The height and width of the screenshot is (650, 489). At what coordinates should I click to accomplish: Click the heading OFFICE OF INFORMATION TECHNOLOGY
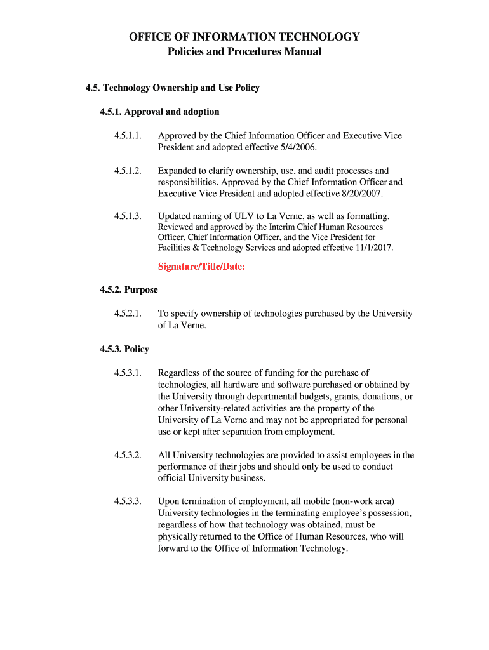(x=245, y=37)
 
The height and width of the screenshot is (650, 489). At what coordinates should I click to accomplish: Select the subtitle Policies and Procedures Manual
(x=245, y=51)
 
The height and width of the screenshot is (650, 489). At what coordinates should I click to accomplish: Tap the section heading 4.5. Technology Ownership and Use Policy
(x=173, y=88)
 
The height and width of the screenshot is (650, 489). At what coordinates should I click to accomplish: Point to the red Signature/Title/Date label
(x=201, y=267)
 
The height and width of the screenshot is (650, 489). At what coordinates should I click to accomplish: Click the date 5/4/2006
(x=295, y=147)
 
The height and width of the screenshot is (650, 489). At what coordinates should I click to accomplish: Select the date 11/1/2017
(x=373, y=248)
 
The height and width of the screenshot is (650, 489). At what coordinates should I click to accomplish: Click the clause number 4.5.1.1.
(x=128, y=136)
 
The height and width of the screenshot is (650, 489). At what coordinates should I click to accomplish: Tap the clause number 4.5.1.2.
(x=128, y=171)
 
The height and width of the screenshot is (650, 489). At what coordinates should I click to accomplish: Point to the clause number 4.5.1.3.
(x=128, y=216)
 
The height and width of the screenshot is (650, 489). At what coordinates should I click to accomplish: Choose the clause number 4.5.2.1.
(x=128, y=314)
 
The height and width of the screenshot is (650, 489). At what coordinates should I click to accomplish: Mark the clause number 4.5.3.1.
(x=128, y=373)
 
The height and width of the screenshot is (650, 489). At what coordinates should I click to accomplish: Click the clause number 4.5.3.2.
(x=128, y=455)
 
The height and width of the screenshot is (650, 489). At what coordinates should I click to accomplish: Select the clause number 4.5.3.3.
(x=128, y=501)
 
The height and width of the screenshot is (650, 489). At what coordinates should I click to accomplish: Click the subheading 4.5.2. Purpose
(x=129, y=290)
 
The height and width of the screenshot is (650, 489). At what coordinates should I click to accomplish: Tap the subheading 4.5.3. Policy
(x=124, y=349)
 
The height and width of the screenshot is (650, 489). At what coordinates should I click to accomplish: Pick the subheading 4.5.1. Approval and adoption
(x=159, y=112)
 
